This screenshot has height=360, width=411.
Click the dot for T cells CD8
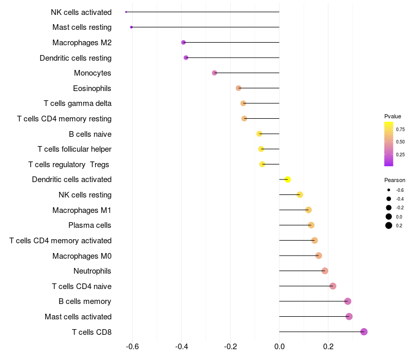coord(364,332)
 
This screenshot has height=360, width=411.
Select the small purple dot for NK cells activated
coord(126,12)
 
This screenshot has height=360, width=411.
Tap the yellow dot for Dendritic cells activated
coord(288,179)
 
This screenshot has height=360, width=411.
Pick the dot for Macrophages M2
coord(183,42)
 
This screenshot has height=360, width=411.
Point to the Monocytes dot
coord(214,73)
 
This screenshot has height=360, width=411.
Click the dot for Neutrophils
coord(325,271)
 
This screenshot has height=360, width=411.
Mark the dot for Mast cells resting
coord(132,27)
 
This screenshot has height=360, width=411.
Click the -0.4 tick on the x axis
coord(181,347)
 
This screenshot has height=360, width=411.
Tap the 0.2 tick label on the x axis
coord(328,347)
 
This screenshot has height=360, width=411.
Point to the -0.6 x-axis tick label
coord(132,347)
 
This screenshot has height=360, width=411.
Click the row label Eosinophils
coord(92,88)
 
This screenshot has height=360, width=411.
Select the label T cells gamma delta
coord(78,103)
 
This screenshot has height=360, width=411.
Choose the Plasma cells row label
coord(89,225)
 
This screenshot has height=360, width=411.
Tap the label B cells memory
coord(85,301)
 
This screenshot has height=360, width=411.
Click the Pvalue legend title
coord(393,116)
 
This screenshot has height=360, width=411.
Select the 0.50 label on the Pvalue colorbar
coord(400,142)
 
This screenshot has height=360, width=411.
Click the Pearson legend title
coord(395,180)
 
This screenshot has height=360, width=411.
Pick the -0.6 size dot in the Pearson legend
coord(389,190)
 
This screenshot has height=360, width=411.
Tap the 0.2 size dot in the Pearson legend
coord(389,225)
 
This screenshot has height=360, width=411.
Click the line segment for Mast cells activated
coord(314,316)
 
